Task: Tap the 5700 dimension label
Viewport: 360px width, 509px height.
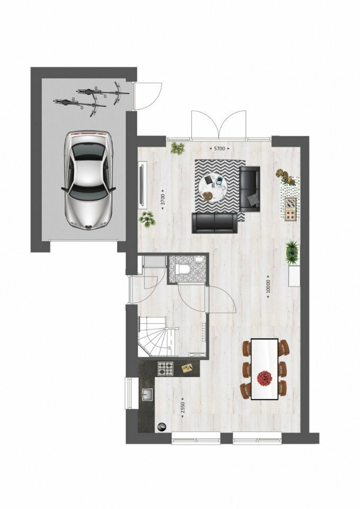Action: (219, 148)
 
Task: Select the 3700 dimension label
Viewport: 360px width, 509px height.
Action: (163, 199)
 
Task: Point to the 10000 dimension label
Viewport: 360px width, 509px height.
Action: (268, 286)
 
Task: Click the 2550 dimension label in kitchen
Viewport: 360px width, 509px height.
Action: (182, 407)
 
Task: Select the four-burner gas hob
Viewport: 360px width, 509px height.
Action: (166, 368)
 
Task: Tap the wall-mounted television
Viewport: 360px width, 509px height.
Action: (142, 187)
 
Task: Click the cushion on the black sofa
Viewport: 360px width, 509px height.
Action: (254, 199)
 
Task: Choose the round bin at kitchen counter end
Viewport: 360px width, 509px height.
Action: (161, 427)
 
